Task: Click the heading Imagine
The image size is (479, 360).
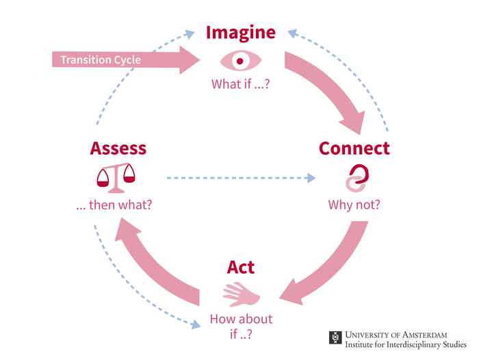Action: click(x=241, y=32)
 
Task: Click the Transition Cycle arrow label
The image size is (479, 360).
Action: click(x=101, y=60)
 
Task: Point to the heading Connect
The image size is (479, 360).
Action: click(x=354, y=148)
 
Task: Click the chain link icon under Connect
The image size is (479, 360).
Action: click(x=354, y=178)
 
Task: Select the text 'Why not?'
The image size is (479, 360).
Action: click(x=354, y=204)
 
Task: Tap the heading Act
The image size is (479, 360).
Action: click(x=241, y=267)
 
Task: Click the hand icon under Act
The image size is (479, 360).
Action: click(x=241, y=294)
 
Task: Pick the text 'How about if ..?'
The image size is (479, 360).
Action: click(x=241, y=326)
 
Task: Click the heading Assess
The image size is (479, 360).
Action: click(x=118, y=148)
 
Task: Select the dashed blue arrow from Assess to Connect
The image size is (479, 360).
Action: click(x=239, y=179)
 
